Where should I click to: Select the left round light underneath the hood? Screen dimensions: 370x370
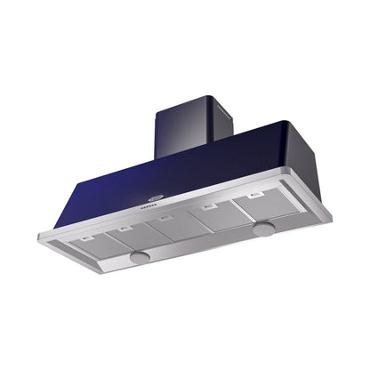pos(139,256)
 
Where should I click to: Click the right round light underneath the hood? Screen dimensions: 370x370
pos(263,230)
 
